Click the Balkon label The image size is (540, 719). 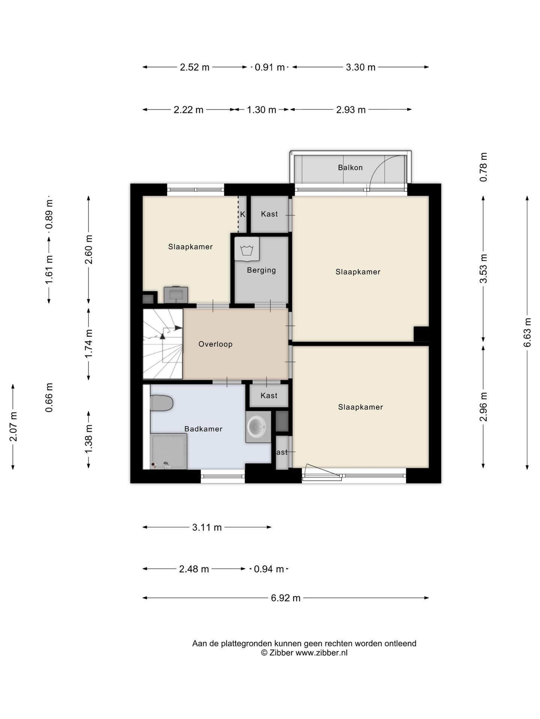350,167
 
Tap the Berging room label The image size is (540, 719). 261,270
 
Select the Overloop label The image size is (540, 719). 216,344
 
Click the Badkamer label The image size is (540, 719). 203,429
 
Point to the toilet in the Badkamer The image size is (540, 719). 161,403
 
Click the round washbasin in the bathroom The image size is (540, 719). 258,427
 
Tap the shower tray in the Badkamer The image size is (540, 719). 168,451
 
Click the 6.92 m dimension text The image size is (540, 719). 286,598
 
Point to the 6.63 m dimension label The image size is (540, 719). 527,333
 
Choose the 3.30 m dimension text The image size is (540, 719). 360,67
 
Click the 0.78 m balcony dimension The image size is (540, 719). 484,167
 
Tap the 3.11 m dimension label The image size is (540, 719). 207,527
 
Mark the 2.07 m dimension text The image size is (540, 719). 13,426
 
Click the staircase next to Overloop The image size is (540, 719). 163,344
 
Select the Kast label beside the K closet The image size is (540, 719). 269,214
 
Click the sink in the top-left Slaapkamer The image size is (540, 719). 176,295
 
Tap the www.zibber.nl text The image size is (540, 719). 321,653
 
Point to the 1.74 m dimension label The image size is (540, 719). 88,344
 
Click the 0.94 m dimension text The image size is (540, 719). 269,569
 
